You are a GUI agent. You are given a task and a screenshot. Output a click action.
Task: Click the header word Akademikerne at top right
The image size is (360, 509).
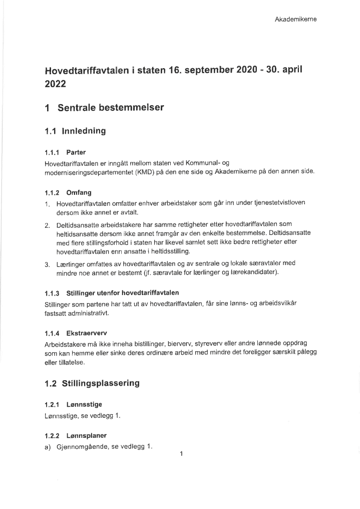tap(295, 20)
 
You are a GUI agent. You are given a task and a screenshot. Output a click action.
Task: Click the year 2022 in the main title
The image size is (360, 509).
tap(56, 85)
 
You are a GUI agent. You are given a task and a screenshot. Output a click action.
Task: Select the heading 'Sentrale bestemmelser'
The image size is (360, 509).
tap(111, 108)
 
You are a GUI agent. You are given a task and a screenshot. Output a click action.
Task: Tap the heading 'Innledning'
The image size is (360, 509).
tap(84, 132)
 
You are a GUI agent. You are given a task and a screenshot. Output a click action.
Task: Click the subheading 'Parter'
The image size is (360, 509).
tap(76, 152)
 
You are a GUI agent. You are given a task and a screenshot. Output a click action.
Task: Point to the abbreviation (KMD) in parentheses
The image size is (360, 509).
tap(141, 171)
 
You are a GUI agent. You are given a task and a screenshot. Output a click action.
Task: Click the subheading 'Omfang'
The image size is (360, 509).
tap(79, 192)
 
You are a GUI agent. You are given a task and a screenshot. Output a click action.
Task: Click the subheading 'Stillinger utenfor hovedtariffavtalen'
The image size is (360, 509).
tap(123, 293)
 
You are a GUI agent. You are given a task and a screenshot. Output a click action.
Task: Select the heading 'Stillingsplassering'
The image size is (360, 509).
tap(101, 384)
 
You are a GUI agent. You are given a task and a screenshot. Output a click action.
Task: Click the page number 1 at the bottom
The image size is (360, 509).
tap(181, 454)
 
